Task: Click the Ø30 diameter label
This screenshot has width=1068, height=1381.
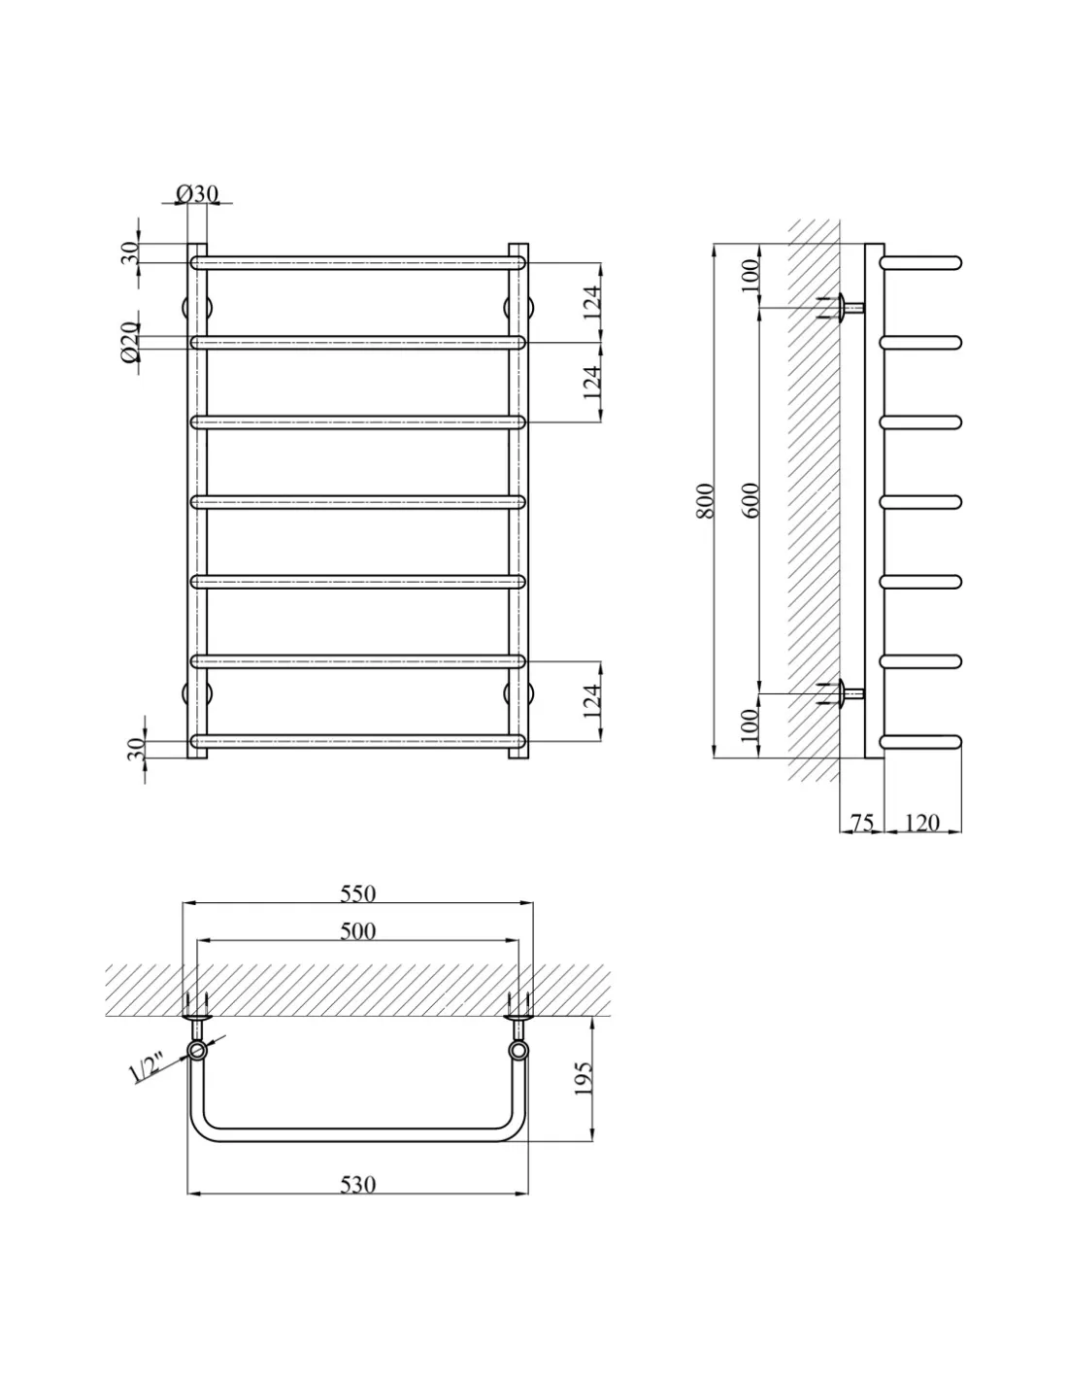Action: [198, 193]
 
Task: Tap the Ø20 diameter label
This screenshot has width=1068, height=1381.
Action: [129, 342]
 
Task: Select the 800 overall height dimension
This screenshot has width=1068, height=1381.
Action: [706, 501]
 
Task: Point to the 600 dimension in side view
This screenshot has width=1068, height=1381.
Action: [751, 500]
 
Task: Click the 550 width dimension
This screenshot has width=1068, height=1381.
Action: [357, 893]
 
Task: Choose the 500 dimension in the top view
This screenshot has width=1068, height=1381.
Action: [357, 931]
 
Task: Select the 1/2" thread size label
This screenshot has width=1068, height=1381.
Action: [146, 1067]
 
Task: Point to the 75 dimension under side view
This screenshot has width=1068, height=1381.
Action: [862, 823]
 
